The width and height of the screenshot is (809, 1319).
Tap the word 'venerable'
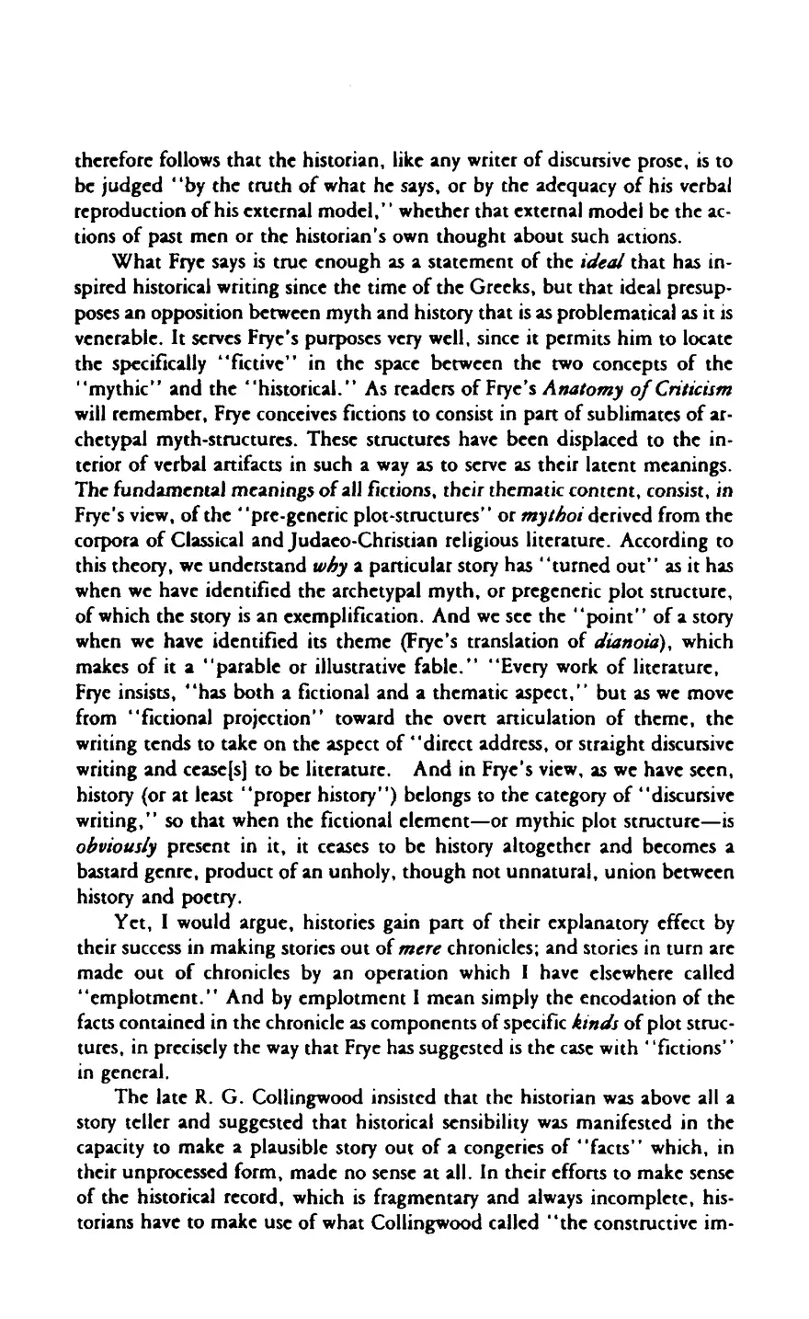coord(108,311)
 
